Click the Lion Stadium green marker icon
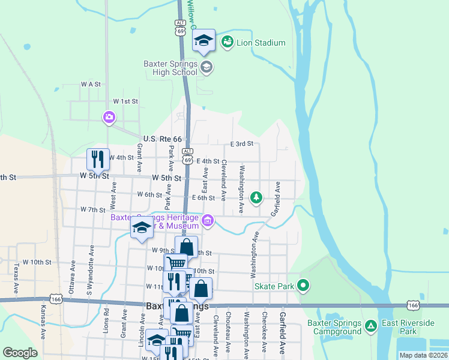pyautogui.click(x=227, y=42)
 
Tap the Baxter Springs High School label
pyautogui.click(x=170, y=68)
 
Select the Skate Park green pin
pyautogui.click(x=304, y=286)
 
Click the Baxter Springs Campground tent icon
pyautogui.click(x=371, y=326)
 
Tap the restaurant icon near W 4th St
pyautogui.click(x=98, y=159)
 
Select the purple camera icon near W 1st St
pyautogui.click(x=109, y=117)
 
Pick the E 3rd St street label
pyautogui.click(x=243, y=144)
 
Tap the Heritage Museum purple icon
pyautogui.click(x=208, y=221)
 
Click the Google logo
pyautogui.click(x=20, y=353)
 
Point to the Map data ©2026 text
pyautogui.click(x=423, y=355)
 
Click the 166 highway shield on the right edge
pyautogui.click(x=412, y=306)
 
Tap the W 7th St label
pyautogui.click(x=93, y=210)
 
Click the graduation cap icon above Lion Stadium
pyautogui.click(x=203, y=40)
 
